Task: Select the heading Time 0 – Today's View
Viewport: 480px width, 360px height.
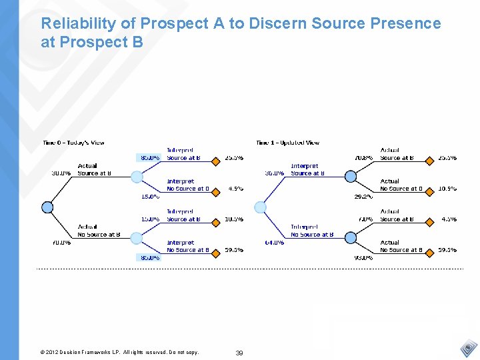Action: coord(73,143)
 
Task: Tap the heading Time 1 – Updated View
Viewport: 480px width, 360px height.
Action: coord(288,143)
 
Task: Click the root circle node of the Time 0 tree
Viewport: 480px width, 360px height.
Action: coord(47,207)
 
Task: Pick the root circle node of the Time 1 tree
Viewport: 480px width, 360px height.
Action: coord(261,207)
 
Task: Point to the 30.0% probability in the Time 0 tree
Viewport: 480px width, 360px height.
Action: coord(61,173)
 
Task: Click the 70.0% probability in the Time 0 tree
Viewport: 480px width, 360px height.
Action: coord(61,243)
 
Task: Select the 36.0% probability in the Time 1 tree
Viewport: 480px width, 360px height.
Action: coord(274,173)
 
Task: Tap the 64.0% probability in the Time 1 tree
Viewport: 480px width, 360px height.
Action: coord(274,243)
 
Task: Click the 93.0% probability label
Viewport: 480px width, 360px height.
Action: coord(363,257)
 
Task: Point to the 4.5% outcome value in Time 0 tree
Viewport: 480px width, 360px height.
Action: coord(235,189)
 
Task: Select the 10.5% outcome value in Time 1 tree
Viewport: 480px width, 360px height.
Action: coord(447,189)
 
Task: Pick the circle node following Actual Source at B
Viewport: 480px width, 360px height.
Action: coord(137,177)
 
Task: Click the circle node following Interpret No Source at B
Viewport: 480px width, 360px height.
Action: coord(350,238)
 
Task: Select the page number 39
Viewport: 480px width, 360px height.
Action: coord(239,353)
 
